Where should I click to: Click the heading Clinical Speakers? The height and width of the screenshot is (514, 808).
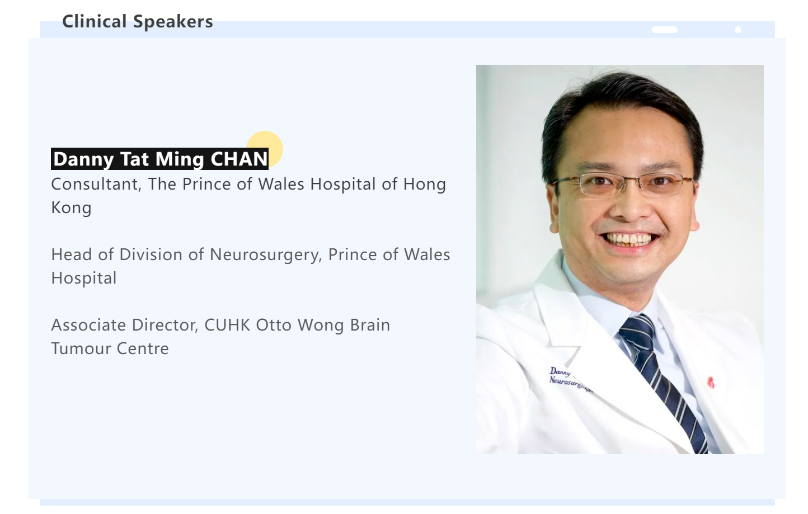click(x=138, y=21)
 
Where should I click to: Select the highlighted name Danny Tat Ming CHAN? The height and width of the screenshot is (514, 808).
click(x=160, y=159)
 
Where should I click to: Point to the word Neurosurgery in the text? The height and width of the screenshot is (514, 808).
click(x=265, y=255)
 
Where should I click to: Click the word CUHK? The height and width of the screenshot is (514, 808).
click(x=227, y=325)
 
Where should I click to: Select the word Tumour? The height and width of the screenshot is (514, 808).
click(x=81, y=348)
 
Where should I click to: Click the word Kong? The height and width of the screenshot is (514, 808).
click(x=72, y=208)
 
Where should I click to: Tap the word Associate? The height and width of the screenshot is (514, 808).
click(x=88, y=325)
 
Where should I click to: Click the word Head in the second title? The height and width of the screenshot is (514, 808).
click(x=72, y=254)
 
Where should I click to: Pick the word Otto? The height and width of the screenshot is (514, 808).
click(x=274, y=325)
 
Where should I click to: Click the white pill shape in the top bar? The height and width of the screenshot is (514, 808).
click(x=664, y=30)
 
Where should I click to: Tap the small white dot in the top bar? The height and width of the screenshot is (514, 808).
click(x=738, y=30)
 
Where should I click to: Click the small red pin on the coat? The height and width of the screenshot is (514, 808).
click(x=711, y=382)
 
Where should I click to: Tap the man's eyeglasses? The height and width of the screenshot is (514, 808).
click(x=622, y=184)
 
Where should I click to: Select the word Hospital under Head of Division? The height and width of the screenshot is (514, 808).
click(x=84, y=279)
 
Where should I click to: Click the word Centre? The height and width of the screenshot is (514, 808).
click(x=143, y=348)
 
